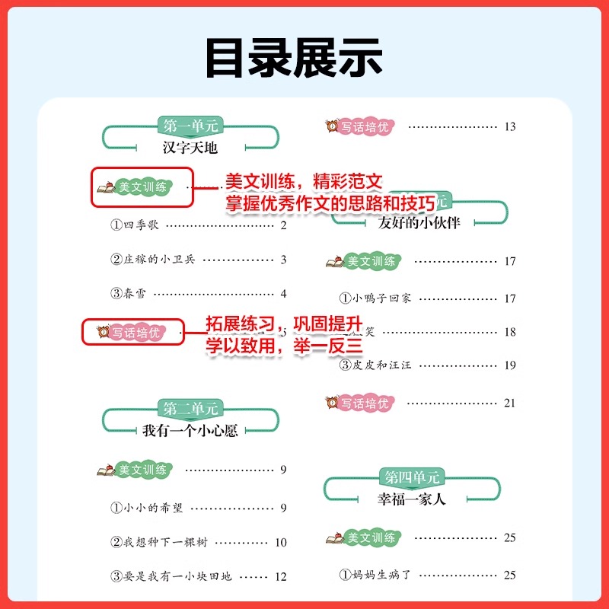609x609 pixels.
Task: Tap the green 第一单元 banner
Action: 190,125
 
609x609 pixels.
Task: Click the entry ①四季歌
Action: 136,225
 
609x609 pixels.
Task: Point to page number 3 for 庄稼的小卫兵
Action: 283,260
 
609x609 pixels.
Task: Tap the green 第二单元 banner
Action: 190,408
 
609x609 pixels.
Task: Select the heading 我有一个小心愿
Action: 190,430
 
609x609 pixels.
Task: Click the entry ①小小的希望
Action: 146,508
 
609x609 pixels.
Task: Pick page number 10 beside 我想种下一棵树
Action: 280,543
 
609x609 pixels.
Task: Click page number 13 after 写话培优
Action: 509,126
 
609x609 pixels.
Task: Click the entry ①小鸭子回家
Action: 375,298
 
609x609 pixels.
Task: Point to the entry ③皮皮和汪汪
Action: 375,365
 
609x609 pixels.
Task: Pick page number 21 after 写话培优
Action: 509,403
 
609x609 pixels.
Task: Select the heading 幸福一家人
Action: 412,499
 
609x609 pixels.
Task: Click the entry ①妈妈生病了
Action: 375,575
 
